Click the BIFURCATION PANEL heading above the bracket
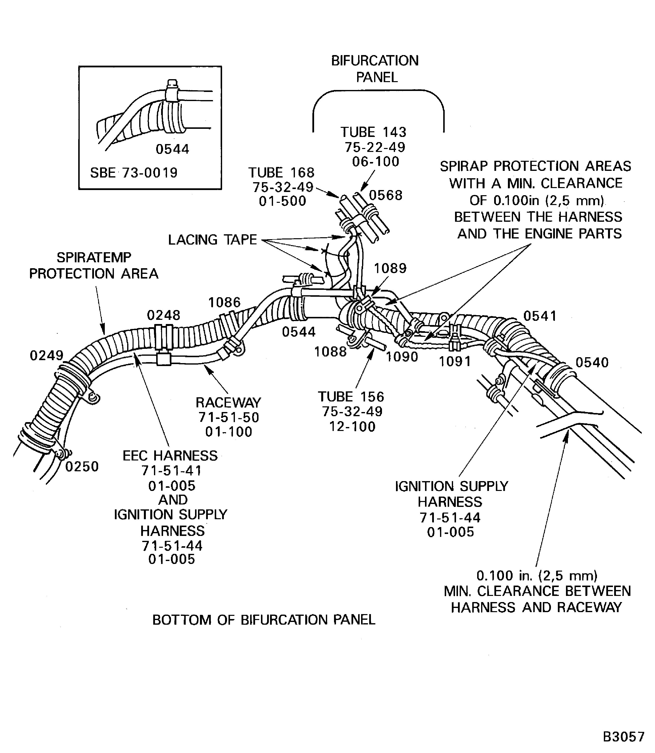[375, 69]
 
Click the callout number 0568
[386, 195]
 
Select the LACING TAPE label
[212, 240]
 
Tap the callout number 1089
[390, 268]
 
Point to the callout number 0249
[46, 355]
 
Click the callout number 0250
[82, 467]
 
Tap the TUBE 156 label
[351, 397]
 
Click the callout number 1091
[455, 361]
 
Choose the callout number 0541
[540, 316]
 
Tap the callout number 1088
[330, 352]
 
